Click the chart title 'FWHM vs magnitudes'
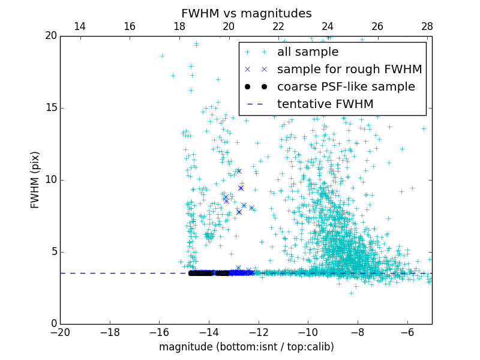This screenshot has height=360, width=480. [x=246, y=13]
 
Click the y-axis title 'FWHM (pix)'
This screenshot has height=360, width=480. [x=35, y=180]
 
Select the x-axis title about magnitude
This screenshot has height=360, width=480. [x=246, y=347]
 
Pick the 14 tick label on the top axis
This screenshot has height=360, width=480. [x=80, y=26]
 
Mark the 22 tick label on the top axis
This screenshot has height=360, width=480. [x=278, y=26]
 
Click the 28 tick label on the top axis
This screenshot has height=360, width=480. [x=427, y=26]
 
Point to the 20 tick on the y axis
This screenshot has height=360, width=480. [x=50, y=36]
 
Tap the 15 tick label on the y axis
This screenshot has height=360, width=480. [x=50, y=108]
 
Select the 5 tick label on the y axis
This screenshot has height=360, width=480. [x=53, y=252]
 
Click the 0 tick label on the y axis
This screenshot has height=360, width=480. [x=53, y=324]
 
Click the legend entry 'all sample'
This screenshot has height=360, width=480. [x=308, y=52]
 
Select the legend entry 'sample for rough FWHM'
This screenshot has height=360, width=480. [x=349, y=69]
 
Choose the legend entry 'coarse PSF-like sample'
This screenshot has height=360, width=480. [x=346, y=86]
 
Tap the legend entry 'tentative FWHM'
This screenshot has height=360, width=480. [x=325, y=104]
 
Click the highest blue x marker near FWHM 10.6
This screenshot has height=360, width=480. [x=239, y=171]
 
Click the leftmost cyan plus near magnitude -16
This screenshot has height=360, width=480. [x=162, y=56]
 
